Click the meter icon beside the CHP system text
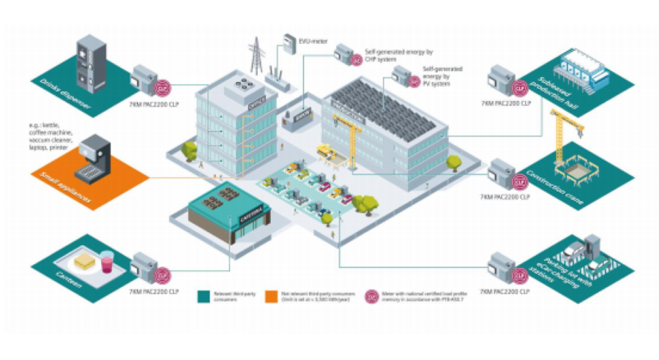(x=344, y=53)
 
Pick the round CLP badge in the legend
(x=372, y=296)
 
